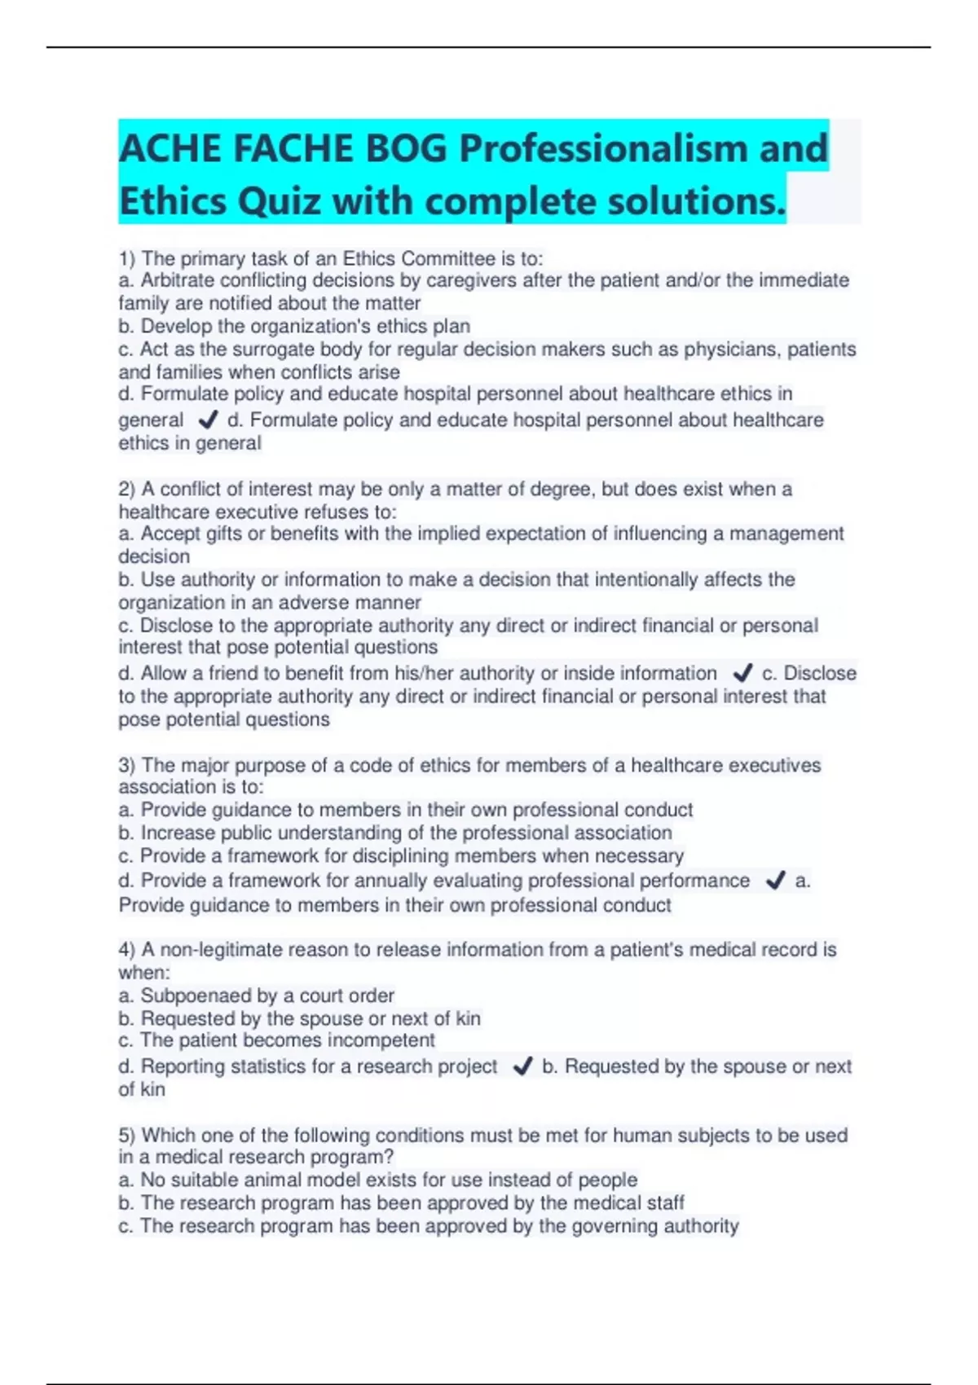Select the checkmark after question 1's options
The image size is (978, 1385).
click(x=209, y=420)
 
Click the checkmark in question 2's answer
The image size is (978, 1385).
click(x=742, y=673)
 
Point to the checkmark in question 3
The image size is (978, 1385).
click(x=776, y=881)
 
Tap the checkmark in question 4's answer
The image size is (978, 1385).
click(x=522, y=1066)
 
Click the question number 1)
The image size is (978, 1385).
click(x=127, y=259)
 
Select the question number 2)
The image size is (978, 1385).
click(x=127, y=489)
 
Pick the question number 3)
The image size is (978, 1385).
click(x=127, y=765)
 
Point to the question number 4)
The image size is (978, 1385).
click(x=127, y=950)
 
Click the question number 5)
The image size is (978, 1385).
click(x=127, y=1135)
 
